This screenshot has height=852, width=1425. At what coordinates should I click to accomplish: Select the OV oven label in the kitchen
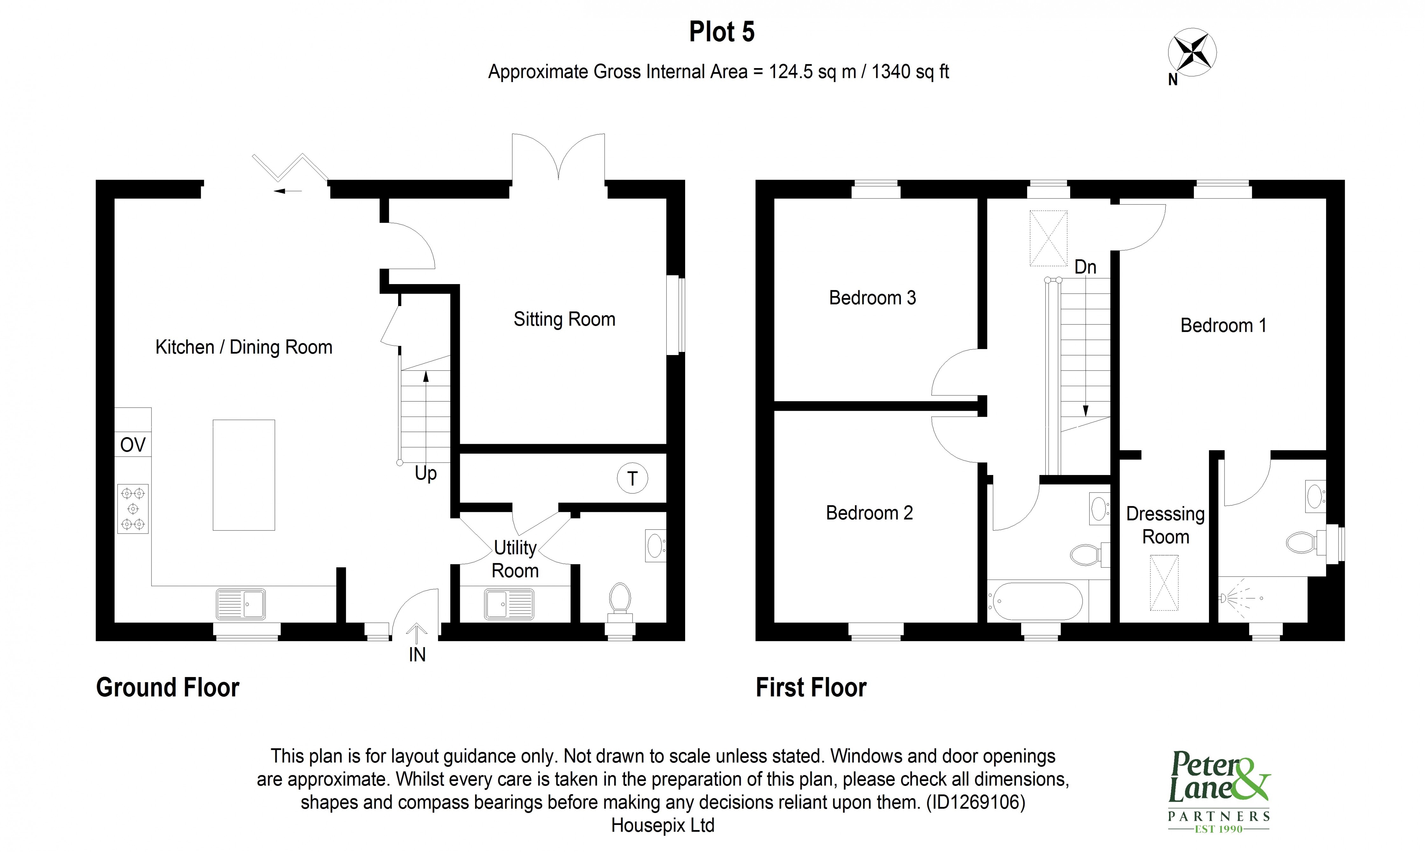133,445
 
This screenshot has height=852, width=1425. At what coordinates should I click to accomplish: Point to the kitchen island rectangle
243,475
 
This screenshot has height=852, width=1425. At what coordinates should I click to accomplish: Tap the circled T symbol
632,478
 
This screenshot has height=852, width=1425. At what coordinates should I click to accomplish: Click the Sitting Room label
564,319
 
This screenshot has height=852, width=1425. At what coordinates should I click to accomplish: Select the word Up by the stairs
425,474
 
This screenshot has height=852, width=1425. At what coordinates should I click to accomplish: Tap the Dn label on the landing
1085,267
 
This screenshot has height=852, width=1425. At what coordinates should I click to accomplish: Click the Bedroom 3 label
872,298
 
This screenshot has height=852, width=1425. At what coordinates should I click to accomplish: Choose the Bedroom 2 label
869,513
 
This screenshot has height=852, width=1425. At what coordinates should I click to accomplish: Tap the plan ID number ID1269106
975,802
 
